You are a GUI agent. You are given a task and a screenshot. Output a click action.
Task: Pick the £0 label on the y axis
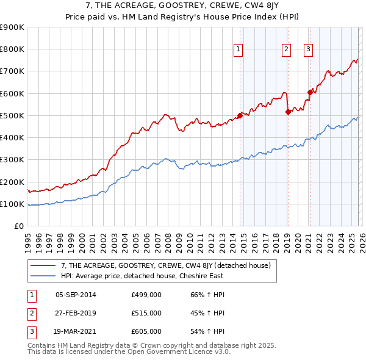[x=18, y=226]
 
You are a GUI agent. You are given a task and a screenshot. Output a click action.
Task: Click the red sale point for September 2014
[x=240, y=116]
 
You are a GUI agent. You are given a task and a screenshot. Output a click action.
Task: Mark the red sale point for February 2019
[x=288, y=112]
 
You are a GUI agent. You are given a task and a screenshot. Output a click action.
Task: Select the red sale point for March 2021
[x=310, y=92]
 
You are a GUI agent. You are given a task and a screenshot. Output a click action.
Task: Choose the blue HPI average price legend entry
[x=142, y=276]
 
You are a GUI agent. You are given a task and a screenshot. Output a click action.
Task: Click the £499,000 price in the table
[x=146, y=295]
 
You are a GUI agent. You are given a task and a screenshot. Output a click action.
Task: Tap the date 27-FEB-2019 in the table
[x=76, y=313]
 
